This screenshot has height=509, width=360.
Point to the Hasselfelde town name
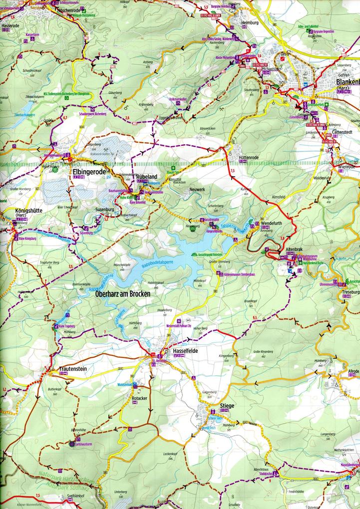click(x=185, y=351)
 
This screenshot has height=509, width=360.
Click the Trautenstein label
click(x=74, y=369)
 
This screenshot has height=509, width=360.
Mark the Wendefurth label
click(x=273, y=223)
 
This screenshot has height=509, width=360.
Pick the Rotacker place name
click(x=139, y=399)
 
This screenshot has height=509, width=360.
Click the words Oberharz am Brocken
click(x=122, y=294)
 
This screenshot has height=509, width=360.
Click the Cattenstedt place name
click(x=344, y=134)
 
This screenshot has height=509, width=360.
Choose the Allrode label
click(x=353, y=372)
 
